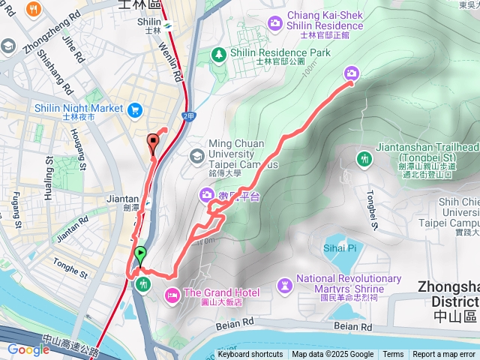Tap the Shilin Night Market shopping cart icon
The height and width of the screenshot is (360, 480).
pos(136,110)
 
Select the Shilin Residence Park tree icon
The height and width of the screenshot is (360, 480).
pos(218,53)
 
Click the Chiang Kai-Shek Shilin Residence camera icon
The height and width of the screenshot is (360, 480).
pos(275,22)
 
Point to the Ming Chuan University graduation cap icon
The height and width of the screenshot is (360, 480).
pos(197,155)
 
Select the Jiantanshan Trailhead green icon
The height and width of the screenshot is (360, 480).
pos(364,158)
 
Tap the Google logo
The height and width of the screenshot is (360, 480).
pos(28,349)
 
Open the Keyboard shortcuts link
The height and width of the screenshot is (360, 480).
pos(250,355)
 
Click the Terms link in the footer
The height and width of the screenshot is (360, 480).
pos(393,355)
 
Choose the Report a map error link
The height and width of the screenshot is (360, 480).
pos(444,355)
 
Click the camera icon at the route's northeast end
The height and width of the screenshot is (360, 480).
pos(351,73)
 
